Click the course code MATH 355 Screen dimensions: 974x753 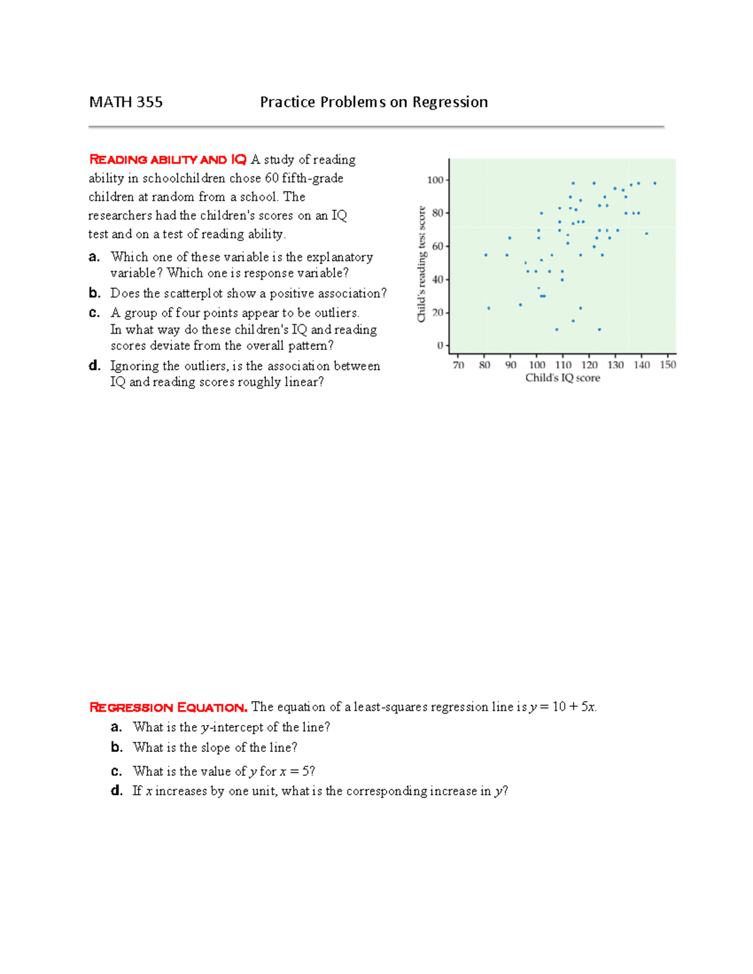click(125, 102)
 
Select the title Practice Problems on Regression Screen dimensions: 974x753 click(374, 102)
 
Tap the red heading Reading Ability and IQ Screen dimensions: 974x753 click(168, 160)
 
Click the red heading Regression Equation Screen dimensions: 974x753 click(168, 707)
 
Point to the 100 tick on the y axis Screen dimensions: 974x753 click(435, 180)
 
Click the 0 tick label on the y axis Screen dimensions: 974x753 click(440, 346)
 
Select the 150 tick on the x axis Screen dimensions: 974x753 click(668, 365)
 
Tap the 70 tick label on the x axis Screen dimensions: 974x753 click(459, 365)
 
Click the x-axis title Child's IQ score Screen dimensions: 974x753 click(562, 378)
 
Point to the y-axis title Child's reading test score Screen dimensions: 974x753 click(422, 264)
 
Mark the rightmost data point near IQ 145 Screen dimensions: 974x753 click(655, 183)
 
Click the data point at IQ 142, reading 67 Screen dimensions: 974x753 click(647, 233)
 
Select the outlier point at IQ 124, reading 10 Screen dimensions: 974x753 click(599, 329)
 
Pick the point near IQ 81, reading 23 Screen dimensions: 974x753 click(489, 308)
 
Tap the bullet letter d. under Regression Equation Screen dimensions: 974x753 click(117, 791)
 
